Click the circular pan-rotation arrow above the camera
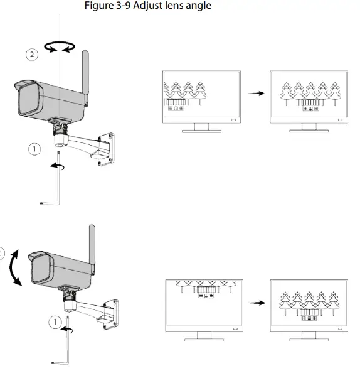click(58, 45)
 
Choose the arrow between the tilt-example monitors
click(255, 303)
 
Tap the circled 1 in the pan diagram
click(35, 149)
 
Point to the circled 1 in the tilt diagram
click(56, 321)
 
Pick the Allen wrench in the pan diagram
click(55, 183)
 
